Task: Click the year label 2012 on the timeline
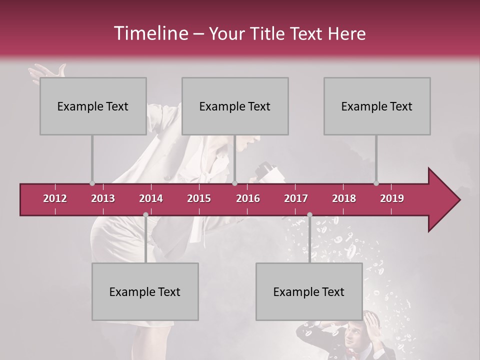(x=55, y=198)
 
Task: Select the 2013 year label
(x=103, y=198)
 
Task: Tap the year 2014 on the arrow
(x=151, y=198)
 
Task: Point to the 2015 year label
(x=199, y=198)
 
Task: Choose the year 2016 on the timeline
(x=248, y=198)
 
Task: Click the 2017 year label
(x=296, y=198)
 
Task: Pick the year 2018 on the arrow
(x=344, y=198)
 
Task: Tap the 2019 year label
(x=392, y=198)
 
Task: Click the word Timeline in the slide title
(x=150, y=33)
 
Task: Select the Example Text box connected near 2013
(x=93, y=106)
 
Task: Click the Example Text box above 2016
(x=235, y=106)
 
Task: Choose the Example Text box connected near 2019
(x=377, y=106)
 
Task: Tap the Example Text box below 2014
(x=145, y=291)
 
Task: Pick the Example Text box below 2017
(x=309, y=291)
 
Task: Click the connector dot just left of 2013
(x=92, y=183)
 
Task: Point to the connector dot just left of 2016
(x=234, y=183)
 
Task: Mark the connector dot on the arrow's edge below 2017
(x=309, y=215)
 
